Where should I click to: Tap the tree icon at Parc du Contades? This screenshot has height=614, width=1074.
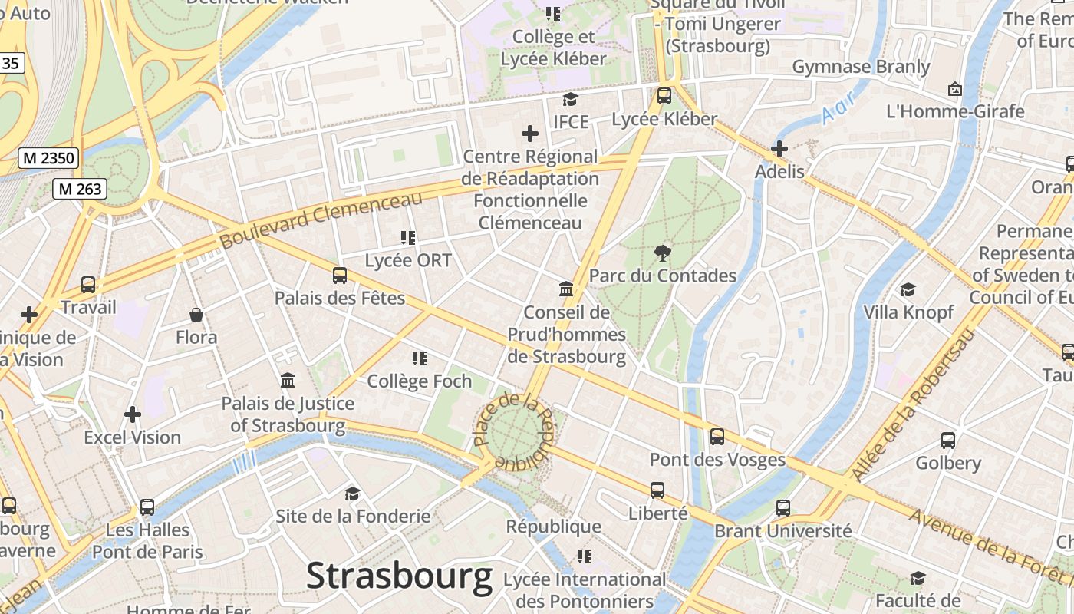tap(662, 253)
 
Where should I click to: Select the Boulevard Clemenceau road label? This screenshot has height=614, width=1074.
tap(321, 220)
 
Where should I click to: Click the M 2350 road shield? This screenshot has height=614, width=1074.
tap(48, 159)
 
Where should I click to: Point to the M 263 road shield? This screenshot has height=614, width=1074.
tap(80, 189)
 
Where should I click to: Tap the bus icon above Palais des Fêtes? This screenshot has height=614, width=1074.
tap(339, 275)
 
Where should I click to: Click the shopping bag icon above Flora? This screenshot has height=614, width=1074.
tap(196, 315)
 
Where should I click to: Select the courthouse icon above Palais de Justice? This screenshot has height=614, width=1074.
tap(288, 381)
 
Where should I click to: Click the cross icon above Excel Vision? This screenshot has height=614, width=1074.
tap(133, 414)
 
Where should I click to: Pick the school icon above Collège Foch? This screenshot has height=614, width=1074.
tap(419, 358)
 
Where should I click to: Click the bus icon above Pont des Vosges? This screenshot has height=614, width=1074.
tap(717, 437)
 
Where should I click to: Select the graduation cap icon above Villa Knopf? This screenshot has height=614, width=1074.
tap(908, 289)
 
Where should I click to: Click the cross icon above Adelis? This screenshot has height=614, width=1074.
tap(779, 148)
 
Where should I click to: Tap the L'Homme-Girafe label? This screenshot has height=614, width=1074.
tap(955, 111)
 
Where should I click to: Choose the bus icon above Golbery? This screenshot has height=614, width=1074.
tap(948, 441)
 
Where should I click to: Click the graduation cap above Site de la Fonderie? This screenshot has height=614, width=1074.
tap(352, 494)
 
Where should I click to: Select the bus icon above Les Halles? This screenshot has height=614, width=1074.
tap(147, 507)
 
